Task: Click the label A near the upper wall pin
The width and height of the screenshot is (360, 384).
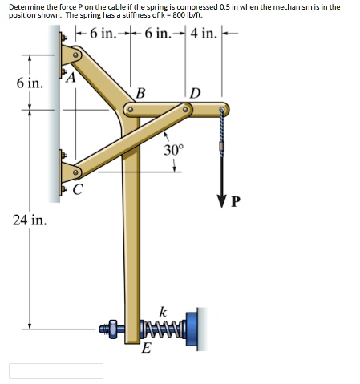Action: pos(71,77)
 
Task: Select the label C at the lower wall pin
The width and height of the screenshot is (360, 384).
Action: pos(77,191)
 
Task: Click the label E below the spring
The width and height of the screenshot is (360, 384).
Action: pos(145,348)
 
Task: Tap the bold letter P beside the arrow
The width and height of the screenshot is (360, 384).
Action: pos(235,200)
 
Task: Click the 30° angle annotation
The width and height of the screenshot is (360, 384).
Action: pos(174,149)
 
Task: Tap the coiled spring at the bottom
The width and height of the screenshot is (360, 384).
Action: pos(164,327)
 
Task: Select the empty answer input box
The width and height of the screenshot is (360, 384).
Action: pos(56,371)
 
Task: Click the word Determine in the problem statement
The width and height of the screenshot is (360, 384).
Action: pos(27,6)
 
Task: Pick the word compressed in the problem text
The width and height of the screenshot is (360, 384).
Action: pos(203,6)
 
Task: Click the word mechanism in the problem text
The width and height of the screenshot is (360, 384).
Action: pos(287,6)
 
